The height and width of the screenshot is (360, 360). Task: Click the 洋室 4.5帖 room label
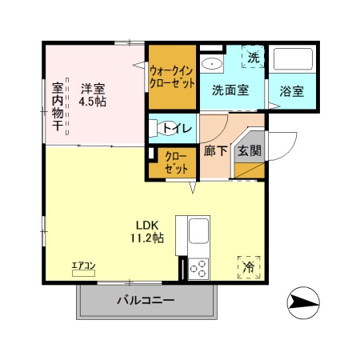[93, 95]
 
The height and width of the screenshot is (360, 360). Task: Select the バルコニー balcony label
[146, 301]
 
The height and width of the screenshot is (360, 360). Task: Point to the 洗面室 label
[230, 90]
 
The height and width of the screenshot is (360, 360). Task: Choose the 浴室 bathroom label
[290, 90]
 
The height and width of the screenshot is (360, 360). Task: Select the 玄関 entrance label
[249, 150]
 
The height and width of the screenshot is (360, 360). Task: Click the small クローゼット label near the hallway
[176, 162]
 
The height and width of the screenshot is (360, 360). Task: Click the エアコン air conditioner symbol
[83, 269]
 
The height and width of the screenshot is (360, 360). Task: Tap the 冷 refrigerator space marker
[248, 266]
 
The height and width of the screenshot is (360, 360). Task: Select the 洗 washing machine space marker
[253, 58]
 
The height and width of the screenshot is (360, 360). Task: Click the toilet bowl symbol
[156, 126]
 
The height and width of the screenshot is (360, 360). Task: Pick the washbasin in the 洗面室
[212, 63]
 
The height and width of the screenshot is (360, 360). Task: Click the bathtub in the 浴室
[293, 60]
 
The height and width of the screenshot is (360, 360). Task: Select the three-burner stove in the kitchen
[198, 269]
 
